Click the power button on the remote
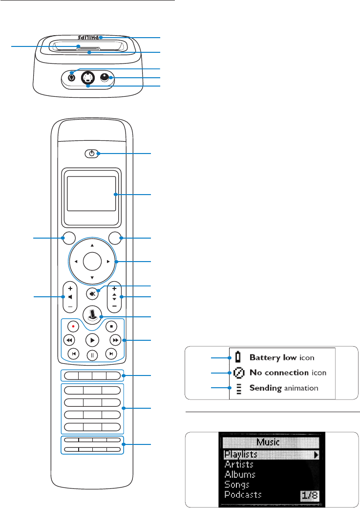click(91, 154)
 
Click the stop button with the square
click(111, 325)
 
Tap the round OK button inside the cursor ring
click(92, 262)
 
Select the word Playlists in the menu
click(241, 455)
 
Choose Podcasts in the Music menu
click(243, 495)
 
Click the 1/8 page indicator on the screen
click(309, 495)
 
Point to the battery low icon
click(237, 358)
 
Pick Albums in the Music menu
click(240, 475)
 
